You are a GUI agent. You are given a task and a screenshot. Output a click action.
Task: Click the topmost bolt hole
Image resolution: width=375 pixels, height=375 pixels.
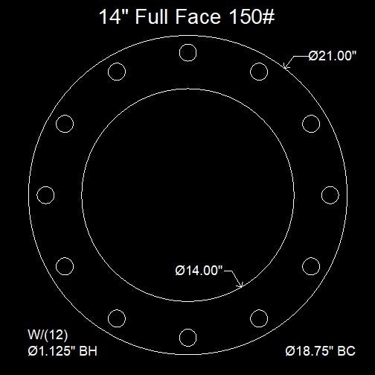[187, 53]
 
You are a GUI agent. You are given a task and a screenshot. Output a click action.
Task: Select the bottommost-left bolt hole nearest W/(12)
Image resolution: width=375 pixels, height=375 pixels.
[116, 318]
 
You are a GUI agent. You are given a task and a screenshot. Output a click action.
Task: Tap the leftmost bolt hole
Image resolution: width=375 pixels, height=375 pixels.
[45, 195]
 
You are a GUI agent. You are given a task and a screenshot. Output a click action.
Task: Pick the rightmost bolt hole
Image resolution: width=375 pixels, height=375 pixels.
[330, 195]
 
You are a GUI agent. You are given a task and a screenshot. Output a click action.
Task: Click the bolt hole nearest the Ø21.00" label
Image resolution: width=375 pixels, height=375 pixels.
[259, 72]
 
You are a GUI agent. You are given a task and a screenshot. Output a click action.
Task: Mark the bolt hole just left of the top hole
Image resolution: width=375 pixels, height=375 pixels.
[116, 72]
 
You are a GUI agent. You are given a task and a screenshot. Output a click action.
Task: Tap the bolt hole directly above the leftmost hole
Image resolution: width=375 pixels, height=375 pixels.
[65, 124]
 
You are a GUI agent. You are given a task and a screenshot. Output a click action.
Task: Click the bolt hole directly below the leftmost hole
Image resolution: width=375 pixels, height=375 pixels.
[65, 265]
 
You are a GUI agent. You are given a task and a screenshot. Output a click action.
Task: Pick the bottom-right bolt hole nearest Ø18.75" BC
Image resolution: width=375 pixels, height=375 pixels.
[259, 318]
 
